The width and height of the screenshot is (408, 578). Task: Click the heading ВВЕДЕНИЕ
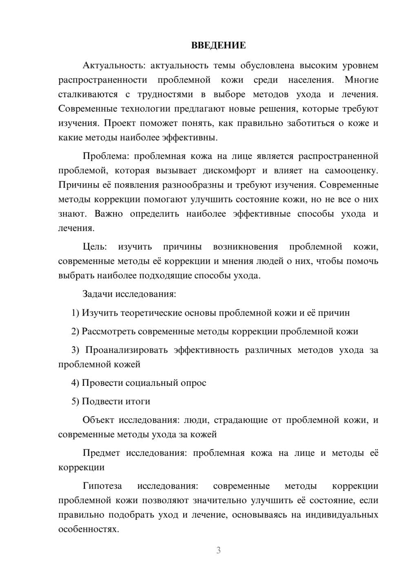tap(218, 45)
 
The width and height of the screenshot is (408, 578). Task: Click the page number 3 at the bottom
tap(218, 550)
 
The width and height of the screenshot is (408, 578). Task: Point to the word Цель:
tap(95, 246)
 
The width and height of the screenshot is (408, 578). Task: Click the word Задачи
tap(98, 294)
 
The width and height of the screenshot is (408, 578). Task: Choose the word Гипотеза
tap(102, 486)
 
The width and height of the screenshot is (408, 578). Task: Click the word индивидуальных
tap(342, 515)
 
